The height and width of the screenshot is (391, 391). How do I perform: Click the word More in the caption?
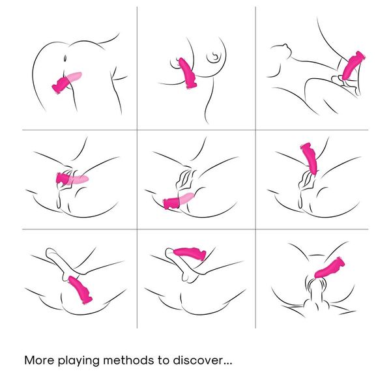pos(39,360)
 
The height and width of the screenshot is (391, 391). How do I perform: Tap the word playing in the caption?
pos(79,361)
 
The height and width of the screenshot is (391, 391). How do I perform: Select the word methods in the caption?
pos(128,360)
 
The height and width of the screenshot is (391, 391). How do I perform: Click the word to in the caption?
pos(164,360)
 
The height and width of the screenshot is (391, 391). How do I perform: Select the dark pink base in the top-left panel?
pos(59,85)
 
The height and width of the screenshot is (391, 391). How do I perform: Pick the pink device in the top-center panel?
pos(187,73)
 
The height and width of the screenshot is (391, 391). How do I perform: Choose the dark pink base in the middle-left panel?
pos(63,179)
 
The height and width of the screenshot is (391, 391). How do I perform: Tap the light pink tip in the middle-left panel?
pos(79,179)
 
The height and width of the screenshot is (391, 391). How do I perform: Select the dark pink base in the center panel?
pos(171,203)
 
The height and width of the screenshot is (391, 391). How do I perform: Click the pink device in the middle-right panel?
pos(310,158)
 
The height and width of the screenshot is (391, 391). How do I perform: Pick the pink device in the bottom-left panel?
pos(80,289)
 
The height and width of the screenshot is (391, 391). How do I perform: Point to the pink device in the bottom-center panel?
pos(190,253)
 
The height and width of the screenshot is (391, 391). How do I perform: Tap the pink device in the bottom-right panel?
pos(330,268)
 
